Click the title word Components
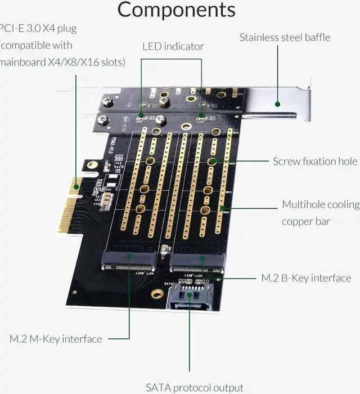click(x=176, y=10)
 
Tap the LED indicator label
click(x=173, y=46)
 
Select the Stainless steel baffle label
click(x=285, y=38)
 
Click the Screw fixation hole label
click(x=315, y=162)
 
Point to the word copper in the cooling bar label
click(x=298, y=221)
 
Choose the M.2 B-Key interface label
click(x=306, y=278)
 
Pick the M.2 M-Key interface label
click(x=56, y=339)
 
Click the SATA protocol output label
click(x=195, y=387)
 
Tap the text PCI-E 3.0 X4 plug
click(x=38, y=28)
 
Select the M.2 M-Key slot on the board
click(x=129, y=261)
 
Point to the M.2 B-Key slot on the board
click(x=197, y=262)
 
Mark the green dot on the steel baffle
click(x=277, y=104)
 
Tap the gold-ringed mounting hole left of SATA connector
click(x=157, y=293)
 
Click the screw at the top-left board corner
click(x=108, y=102)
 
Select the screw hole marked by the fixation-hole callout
click(x=212, y=162)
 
